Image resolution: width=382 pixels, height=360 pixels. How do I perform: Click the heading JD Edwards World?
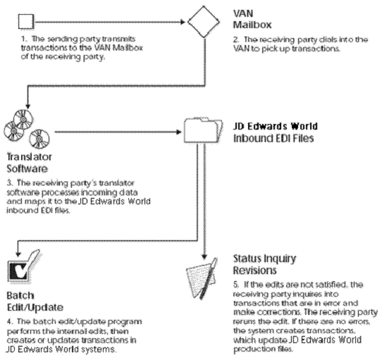click(276, 127)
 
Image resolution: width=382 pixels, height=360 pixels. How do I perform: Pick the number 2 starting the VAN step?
click(235, 39)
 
